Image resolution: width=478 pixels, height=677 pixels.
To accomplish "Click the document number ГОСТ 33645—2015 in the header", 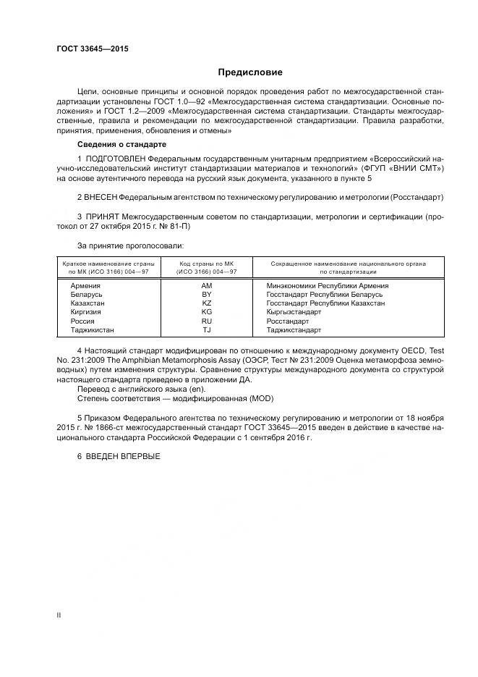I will [x=88, y=49].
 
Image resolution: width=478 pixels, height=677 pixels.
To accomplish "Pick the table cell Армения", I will [x=85, y=285].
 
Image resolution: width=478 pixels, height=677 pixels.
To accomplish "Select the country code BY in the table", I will [x=206, y=294].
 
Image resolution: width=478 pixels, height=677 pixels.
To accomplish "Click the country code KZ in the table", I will [x=206, y=303].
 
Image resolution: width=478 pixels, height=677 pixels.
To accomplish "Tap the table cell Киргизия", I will [x=86, y=311].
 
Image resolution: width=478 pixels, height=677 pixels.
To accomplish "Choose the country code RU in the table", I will [x=206, y=320].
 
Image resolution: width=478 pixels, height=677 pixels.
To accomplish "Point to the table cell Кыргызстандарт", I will [x=294, y=311].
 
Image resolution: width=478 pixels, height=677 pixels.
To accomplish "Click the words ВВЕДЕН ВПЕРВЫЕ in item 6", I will [x=123, y=456].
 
